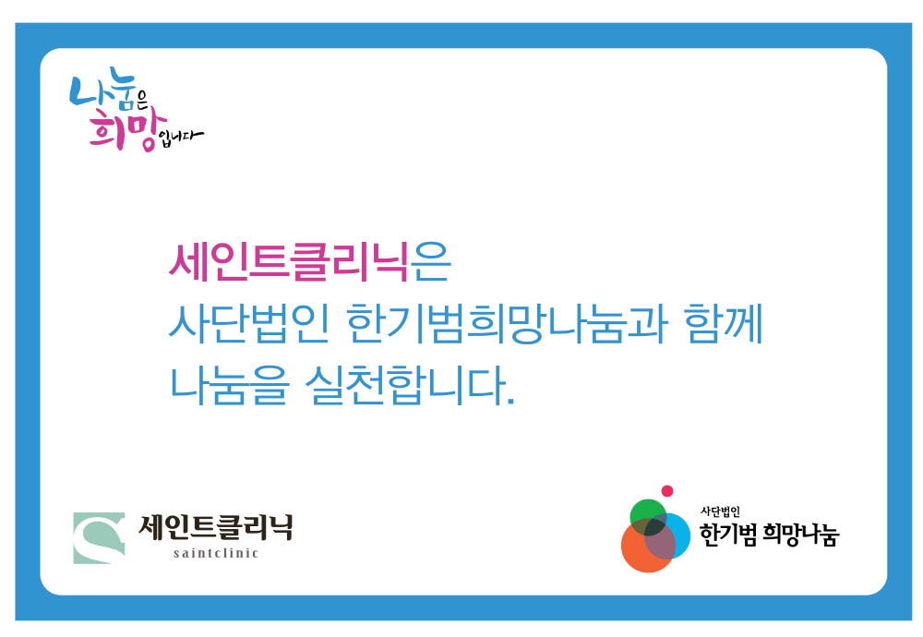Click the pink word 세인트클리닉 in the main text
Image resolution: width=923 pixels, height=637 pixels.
288,262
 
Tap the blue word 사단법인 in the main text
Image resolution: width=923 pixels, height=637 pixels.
247,323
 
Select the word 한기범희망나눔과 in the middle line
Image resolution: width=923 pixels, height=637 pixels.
507,323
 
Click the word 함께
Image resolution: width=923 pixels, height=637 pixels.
724,323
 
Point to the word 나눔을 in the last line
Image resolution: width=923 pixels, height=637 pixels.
230,386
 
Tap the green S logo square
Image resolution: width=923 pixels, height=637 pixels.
99,538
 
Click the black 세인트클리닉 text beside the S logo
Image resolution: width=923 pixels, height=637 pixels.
215,527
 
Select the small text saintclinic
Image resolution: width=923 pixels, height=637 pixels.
216,553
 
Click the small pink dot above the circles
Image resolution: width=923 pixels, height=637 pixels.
667,491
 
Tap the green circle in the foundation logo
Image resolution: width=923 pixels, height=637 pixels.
648,517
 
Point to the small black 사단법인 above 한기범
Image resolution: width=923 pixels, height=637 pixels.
720,511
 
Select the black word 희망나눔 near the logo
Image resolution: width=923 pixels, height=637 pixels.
800,535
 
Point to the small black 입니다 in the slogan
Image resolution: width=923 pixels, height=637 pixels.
181,138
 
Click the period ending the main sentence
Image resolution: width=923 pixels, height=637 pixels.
510,401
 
